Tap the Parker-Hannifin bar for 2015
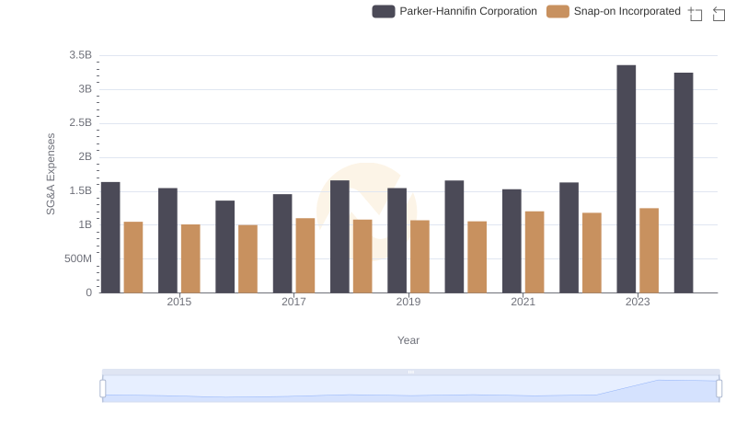point(167,240)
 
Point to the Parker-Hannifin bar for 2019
point(397,240)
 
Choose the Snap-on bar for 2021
point(535,252)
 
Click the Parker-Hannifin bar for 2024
point(684,183)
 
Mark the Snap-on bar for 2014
point(133,258)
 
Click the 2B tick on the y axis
point(85,157)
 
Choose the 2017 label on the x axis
point(293,302)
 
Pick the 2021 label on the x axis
point(523,302)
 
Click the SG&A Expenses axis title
point(52,174)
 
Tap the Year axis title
point(408,340)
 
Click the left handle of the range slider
point(103,389)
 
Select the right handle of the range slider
point(719,389)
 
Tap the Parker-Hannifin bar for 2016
point(225,246)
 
